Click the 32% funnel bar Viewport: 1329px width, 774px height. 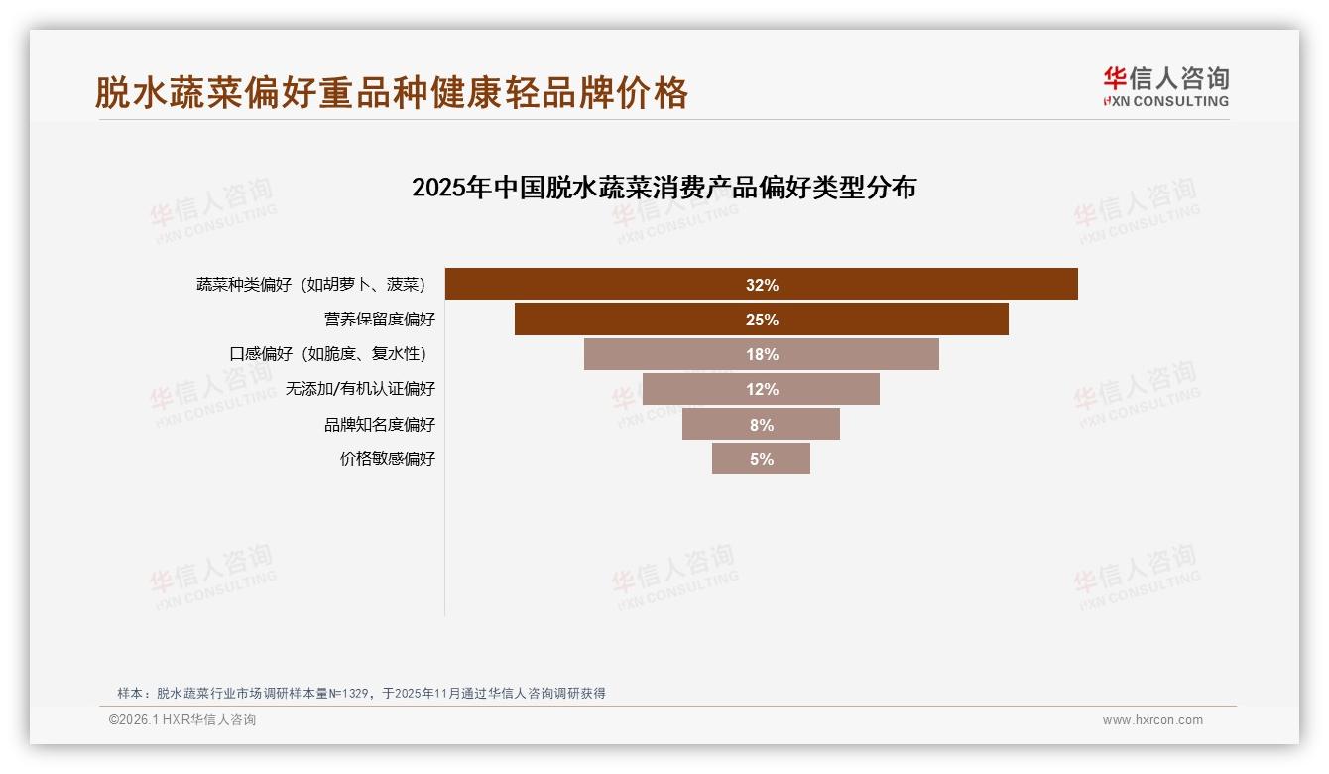tap(761, 285)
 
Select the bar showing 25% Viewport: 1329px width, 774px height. tap(761, 320)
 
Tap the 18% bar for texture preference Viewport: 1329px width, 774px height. tap(761, 354)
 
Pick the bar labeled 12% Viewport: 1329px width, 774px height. tap(761, 389)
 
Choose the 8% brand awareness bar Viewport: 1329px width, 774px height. tap(761, 425)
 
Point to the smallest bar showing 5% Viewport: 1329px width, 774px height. tap(761, 459)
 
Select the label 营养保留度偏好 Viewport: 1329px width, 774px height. tap(379, 320)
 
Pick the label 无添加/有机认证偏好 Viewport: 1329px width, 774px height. tap(360, 389)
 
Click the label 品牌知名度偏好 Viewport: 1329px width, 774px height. tap(379, 425)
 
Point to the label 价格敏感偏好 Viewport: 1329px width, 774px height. tap(387, 459)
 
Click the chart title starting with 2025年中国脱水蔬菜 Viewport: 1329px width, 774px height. tap(664, 188)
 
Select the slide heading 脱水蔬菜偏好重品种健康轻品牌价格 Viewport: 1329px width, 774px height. tap(392, 93)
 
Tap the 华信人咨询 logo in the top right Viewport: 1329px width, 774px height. tap(1165, 86)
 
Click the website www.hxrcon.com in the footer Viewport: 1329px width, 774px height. tap(1152, 720)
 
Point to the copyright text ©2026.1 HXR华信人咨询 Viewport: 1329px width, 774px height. tap(181, 720)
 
